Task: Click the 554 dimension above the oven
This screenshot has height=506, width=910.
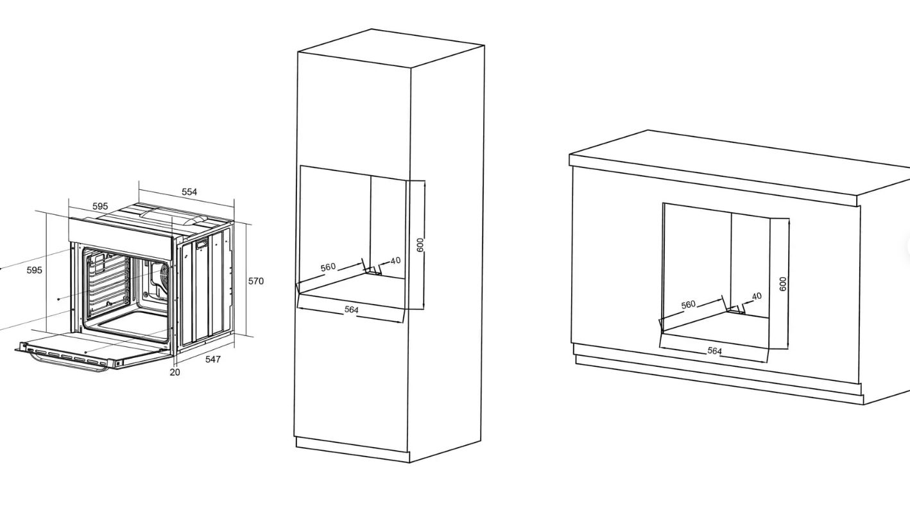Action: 189,192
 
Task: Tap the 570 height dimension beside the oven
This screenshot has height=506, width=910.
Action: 256,281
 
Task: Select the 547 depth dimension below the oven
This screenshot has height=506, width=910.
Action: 213,359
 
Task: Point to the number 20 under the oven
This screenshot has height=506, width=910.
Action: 175,372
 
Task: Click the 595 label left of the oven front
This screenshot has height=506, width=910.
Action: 34,270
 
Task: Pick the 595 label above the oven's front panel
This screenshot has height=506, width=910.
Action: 100,207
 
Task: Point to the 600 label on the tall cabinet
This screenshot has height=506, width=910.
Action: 420,245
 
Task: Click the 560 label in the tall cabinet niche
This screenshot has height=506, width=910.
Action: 328,267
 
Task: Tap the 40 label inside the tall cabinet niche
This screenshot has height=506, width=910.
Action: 395,260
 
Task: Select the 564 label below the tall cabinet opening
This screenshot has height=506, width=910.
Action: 352,310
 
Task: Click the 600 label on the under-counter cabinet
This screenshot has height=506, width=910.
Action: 783,284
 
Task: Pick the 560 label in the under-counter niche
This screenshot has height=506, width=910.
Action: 688,304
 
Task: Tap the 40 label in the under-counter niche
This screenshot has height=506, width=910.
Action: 757,296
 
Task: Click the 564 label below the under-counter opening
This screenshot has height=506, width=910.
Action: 715,350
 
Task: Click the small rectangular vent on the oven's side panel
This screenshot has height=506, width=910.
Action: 202,244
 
